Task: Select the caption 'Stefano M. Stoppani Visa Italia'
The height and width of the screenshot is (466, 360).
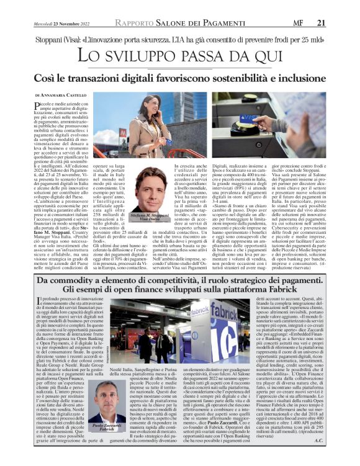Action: (x=150, y=217)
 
